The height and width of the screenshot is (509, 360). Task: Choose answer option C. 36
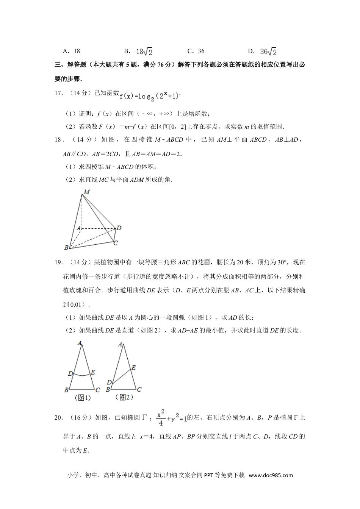coord(196,51)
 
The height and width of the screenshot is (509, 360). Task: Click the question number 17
coord(58,94)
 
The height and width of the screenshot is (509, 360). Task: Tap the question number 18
coord(58,139)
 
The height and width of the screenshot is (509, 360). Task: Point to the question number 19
coord(58,262)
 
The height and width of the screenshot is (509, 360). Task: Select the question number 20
coord(58,418)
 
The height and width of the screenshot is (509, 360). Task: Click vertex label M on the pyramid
coord(87,192)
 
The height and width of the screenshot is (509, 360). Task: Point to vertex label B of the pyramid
coord(66,248)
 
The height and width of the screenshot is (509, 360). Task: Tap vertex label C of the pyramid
coord(116,243)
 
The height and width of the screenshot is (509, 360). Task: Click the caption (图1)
coord(83,398)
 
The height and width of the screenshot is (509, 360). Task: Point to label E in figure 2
coord(133,368)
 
